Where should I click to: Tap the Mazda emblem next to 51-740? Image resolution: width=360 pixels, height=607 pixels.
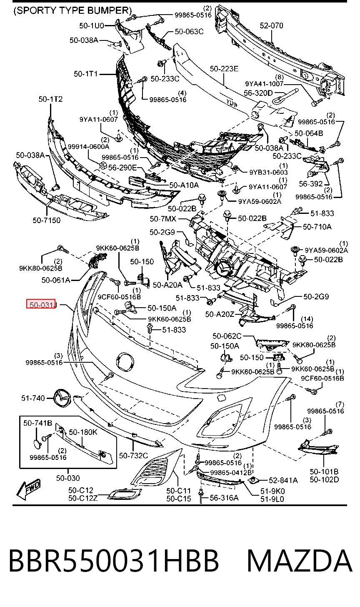(x=62, y=398)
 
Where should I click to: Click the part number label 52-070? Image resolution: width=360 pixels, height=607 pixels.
(x=271, y=25)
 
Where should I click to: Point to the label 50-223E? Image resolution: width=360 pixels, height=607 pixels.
(x=224, y=69)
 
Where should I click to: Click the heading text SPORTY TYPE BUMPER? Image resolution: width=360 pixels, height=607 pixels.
(x=72, y=10)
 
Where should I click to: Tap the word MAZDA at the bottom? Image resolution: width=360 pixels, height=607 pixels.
(x=300, y=561)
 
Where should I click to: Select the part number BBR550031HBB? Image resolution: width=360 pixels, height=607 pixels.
(x=114, y=561)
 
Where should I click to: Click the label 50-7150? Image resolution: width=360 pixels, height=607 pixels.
(x=46, y=220)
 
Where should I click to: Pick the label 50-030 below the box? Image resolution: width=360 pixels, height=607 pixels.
(x=68, y=478)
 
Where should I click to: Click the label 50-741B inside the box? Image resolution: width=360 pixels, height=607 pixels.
(x=37, y=423)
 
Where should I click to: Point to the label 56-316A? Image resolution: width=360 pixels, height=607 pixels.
(x=224, y=497)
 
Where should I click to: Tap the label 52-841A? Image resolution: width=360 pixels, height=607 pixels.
(x=283, y=480)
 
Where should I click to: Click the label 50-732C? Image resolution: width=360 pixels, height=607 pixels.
(x=134, y=456)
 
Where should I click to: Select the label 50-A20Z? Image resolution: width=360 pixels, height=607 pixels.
(x=220, y=314)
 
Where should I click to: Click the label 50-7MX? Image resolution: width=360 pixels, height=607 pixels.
(x=163, y=218)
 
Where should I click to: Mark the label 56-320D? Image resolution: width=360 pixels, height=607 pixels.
(x=258, y=93)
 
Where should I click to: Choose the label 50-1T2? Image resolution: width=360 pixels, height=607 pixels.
(x=50, y=99)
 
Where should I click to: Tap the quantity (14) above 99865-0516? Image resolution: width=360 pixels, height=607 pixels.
(x=307, y=319)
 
